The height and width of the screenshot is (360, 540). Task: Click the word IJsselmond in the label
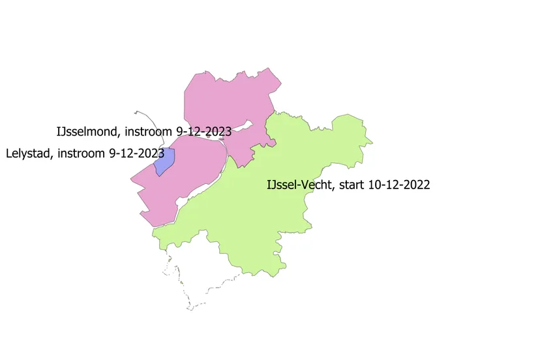(87, 132)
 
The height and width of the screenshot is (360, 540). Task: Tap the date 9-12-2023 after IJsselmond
(202, 132)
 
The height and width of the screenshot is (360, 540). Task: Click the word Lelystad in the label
(28, 154)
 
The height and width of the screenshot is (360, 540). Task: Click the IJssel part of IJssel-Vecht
(282, 185)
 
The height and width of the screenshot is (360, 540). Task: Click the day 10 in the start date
(374, 185)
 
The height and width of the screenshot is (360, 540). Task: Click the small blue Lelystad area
(165, 161)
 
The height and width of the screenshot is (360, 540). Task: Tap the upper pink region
(228, 98)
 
